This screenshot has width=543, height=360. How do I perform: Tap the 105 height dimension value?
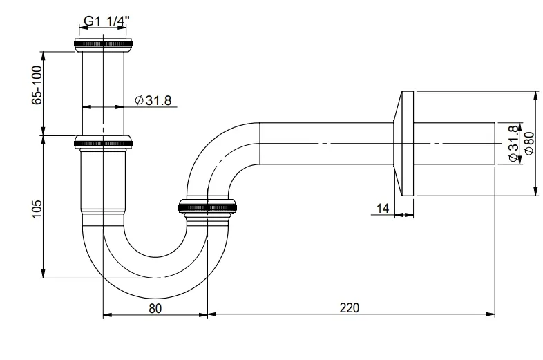(37, 207)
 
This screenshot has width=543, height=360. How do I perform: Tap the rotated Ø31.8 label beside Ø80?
(513, 144)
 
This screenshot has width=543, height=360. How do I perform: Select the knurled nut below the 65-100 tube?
(103, 142)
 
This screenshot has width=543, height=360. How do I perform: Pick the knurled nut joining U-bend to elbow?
(207, 206)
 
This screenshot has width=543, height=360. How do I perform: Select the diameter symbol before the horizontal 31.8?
(139, 101)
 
